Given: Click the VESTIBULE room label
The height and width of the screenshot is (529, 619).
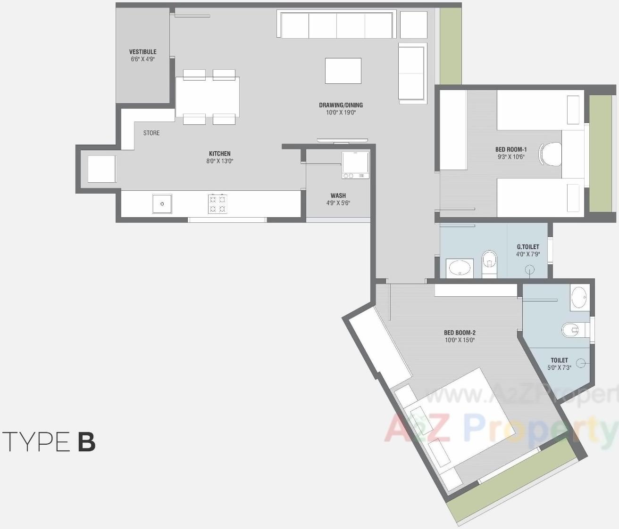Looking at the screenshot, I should click(142, 52).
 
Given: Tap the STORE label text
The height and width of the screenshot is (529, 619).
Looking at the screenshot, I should click(151, 133).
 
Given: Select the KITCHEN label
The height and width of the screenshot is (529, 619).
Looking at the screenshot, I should click(220, 154).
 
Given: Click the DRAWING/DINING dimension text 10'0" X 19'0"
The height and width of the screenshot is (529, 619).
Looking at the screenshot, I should click(341, 113).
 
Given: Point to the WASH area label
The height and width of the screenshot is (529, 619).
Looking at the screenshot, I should click(338, 195).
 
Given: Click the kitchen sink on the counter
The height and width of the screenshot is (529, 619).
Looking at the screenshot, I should click(162, 204).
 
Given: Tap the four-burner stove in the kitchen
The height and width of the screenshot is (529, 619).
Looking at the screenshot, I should click(217, 203).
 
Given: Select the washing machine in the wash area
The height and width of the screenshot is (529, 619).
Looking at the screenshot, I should click(355, 164).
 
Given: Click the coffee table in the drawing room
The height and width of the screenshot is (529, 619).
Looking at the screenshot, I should click(343, 71).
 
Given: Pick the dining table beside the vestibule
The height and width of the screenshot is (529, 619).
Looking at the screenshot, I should click(207, 97).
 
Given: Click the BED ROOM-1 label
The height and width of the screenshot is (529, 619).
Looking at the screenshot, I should click(510, 149).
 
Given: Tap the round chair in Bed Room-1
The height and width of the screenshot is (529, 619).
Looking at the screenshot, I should click(551, 154).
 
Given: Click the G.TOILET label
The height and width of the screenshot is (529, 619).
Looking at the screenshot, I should click(527, 247).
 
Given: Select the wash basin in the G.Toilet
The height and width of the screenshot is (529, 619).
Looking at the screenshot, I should click(460, 268).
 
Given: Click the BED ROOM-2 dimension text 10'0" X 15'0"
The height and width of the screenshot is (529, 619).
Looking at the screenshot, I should click(460, 340).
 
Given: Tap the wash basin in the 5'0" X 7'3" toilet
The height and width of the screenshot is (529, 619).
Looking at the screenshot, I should click(579, 298).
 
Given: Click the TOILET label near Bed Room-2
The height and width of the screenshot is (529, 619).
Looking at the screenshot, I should click(559, 360).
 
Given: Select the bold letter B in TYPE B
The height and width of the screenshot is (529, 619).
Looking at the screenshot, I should click(87, 442).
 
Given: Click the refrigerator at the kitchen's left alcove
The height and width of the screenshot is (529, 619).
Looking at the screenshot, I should click(101, 169).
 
